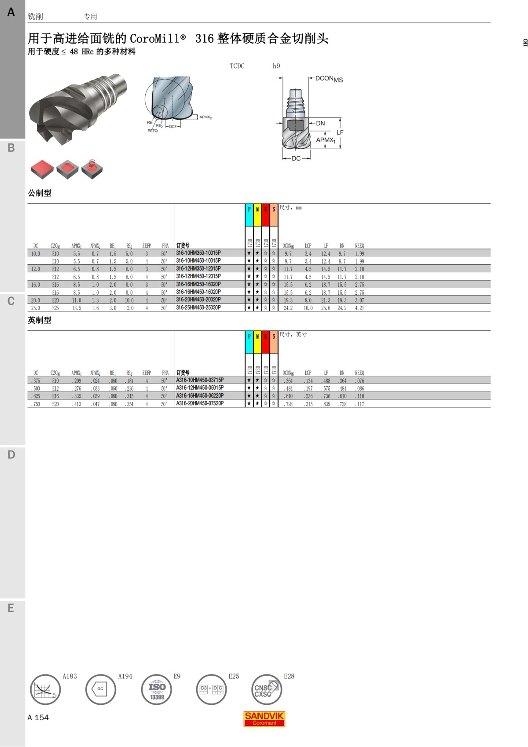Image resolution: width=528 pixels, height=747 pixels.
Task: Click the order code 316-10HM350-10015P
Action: tap(198, 253)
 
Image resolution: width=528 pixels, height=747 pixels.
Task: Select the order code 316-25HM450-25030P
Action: tap(198, 308)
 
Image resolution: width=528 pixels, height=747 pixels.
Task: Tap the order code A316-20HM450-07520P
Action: tap(200, 403)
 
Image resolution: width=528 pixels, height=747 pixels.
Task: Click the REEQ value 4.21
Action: tap(359, 308)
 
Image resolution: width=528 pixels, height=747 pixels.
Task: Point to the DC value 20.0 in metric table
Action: tap(35, 300)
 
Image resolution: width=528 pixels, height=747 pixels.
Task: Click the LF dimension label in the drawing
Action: tap(340, 132)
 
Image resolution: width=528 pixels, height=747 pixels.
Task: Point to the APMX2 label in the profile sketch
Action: tap(205, 117)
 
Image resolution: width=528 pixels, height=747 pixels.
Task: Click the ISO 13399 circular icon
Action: tap(157, 689)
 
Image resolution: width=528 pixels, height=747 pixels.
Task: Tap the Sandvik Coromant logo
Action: tap(264, 719)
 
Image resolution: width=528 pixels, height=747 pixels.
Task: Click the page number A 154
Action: tap(38, 718)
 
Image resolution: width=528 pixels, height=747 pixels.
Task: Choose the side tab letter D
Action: tap(11, 454)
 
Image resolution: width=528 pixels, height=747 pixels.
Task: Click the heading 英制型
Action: tap(40, 320)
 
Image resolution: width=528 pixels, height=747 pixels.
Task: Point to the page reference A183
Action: tap(70, 676)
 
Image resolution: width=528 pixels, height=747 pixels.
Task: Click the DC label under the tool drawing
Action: tap(296, 158)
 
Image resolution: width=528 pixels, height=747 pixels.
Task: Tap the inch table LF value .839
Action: tap(326, 404)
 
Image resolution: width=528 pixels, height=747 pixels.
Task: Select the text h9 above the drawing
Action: tap(276, 66)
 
